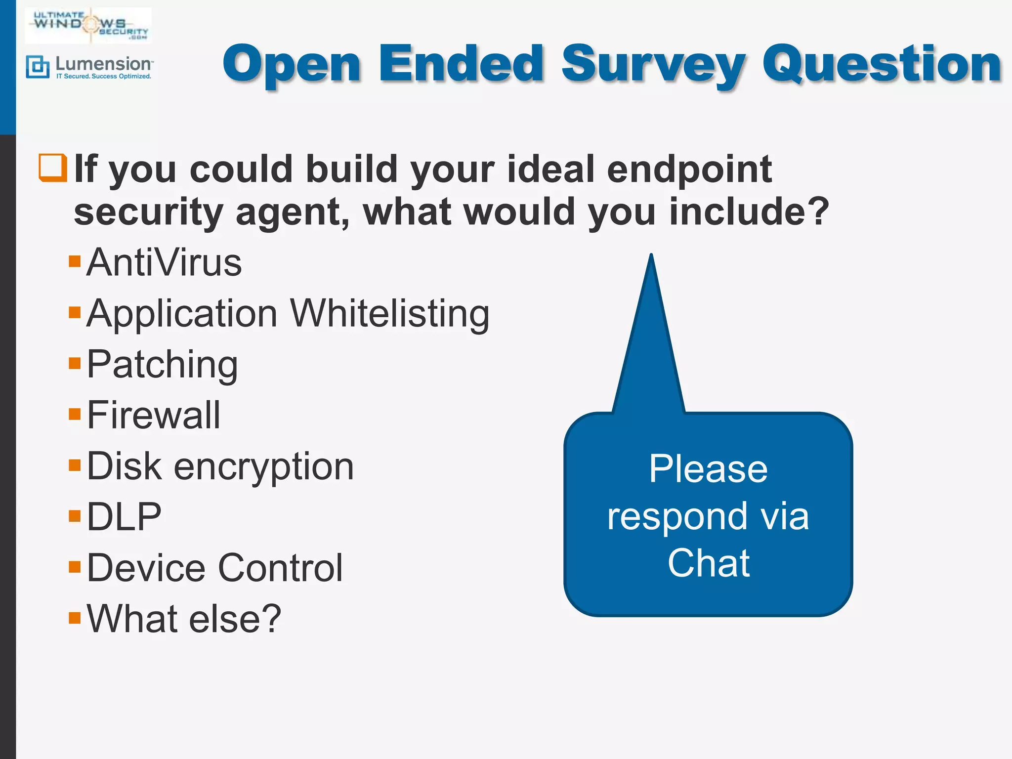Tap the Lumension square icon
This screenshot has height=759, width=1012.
pyautogui.click(x=38, y=67)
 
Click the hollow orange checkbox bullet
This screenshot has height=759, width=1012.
pyautogui.click(x=52, y=168)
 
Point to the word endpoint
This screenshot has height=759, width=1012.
pyautogui.click(x=689, y=169)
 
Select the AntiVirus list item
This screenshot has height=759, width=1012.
pyautogui.click(x=164, y=263)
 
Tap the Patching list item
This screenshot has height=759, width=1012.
pyautogui.click(x=162, y=365)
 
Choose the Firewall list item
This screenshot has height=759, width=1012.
pyautogui.click(x=153, y=416)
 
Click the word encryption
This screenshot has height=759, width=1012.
pyautogui.click(x=264, y=466)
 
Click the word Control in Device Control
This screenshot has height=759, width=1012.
pyautogui.click(x=280, y=568)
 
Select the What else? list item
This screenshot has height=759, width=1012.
pyautogui.click(x=184, y=619)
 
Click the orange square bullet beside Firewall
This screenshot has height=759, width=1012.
pyautogui.click(x=75, y=414)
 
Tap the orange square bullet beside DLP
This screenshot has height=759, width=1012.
pyautogui.click(x=75, y=516)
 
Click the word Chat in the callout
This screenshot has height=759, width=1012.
pyautogui.click(x=708, y=563)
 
